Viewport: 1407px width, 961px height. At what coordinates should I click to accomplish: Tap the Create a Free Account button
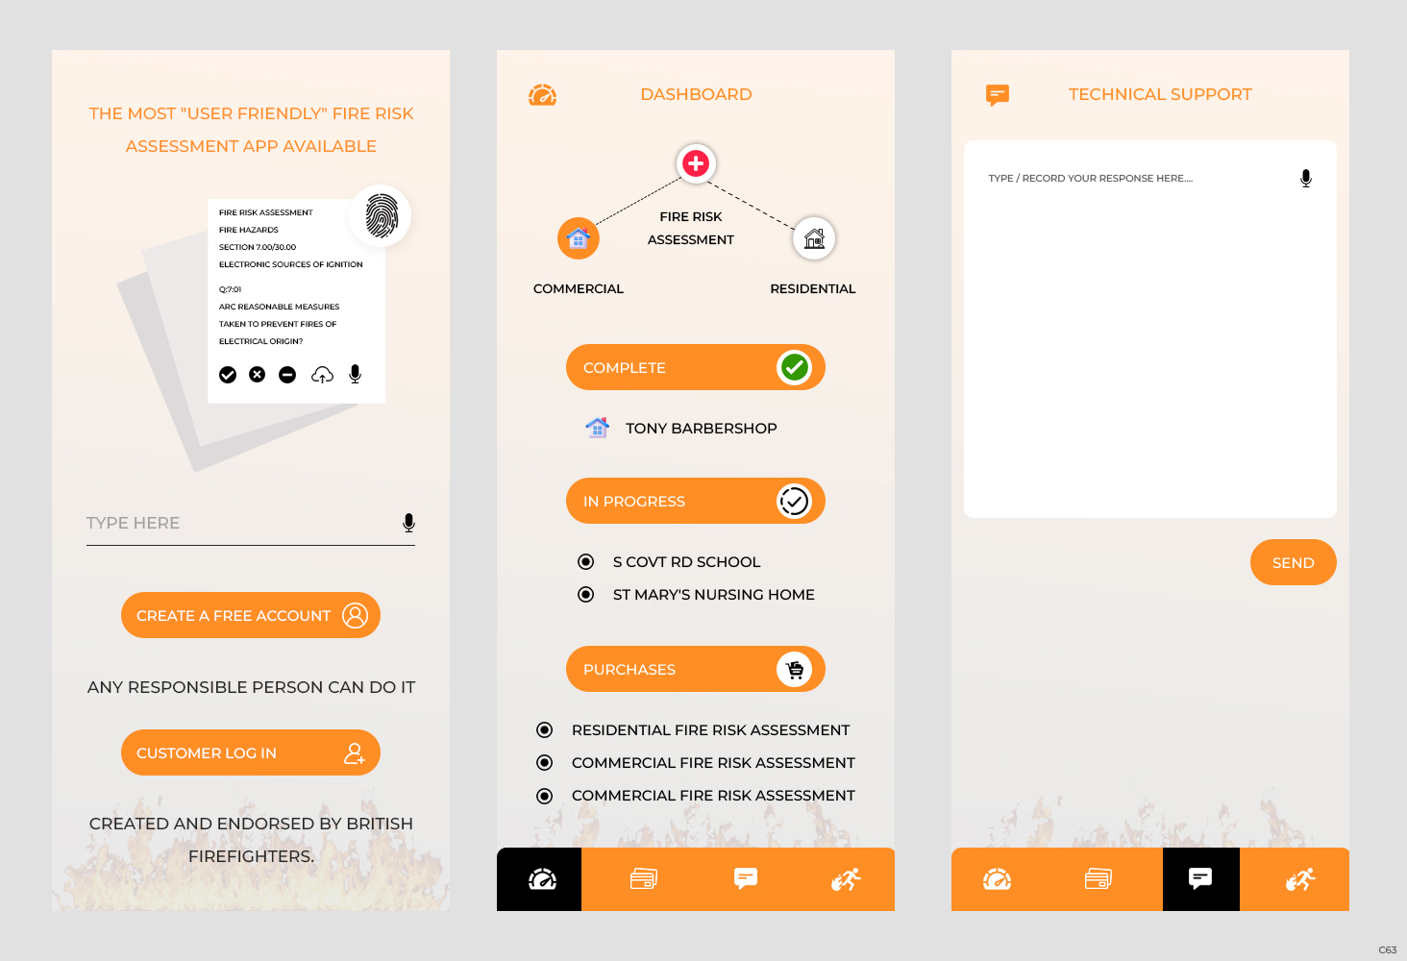tap(250, 615)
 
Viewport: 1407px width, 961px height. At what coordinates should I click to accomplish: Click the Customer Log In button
tap(250, 752)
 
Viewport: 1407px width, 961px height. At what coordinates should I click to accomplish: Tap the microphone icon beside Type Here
tap(408, 523)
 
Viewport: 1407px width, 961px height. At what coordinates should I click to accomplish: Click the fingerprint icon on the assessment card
tap(382, 215)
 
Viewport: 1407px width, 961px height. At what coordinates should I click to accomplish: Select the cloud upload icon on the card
tap(322, 375)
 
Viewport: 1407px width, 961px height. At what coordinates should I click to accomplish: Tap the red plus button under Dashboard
tap(696, 163)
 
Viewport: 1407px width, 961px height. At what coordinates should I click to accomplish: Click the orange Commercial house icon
tap(579, 238)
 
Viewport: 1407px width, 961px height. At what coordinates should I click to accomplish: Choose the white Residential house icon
tap(814, 238)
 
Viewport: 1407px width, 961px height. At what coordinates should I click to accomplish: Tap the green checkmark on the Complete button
tap(795, 367)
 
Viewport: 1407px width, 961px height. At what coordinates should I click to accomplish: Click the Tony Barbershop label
tap(701, 429)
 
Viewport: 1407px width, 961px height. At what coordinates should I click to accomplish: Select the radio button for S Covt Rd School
tap(585, 561)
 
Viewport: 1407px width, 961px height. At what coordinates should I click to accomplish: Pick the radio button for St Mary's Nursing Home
tap(585, 595)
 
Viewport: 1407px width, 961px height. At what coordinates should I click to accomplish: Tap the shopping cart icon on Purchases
tap(795, 670)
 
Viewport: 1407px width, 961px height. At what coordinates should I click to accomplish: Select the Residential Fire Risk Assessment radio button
tap(545, 730)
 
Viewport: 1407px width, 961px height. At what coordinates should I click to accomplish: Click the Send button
tap(1293, 562)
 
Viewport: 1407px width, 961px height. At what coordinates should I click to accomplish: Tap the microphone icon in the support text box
tap(1306, 179)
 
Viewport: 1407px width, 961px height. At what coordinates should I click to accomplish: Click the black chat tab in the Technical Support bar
tap(1200, 879)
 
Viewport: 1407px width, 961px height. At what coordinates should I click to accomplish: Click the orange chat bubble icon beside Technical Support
tap(998, 94)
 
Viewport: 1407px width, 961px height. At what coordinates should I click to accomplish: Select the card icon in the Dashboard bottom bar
tap(644, 879)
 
